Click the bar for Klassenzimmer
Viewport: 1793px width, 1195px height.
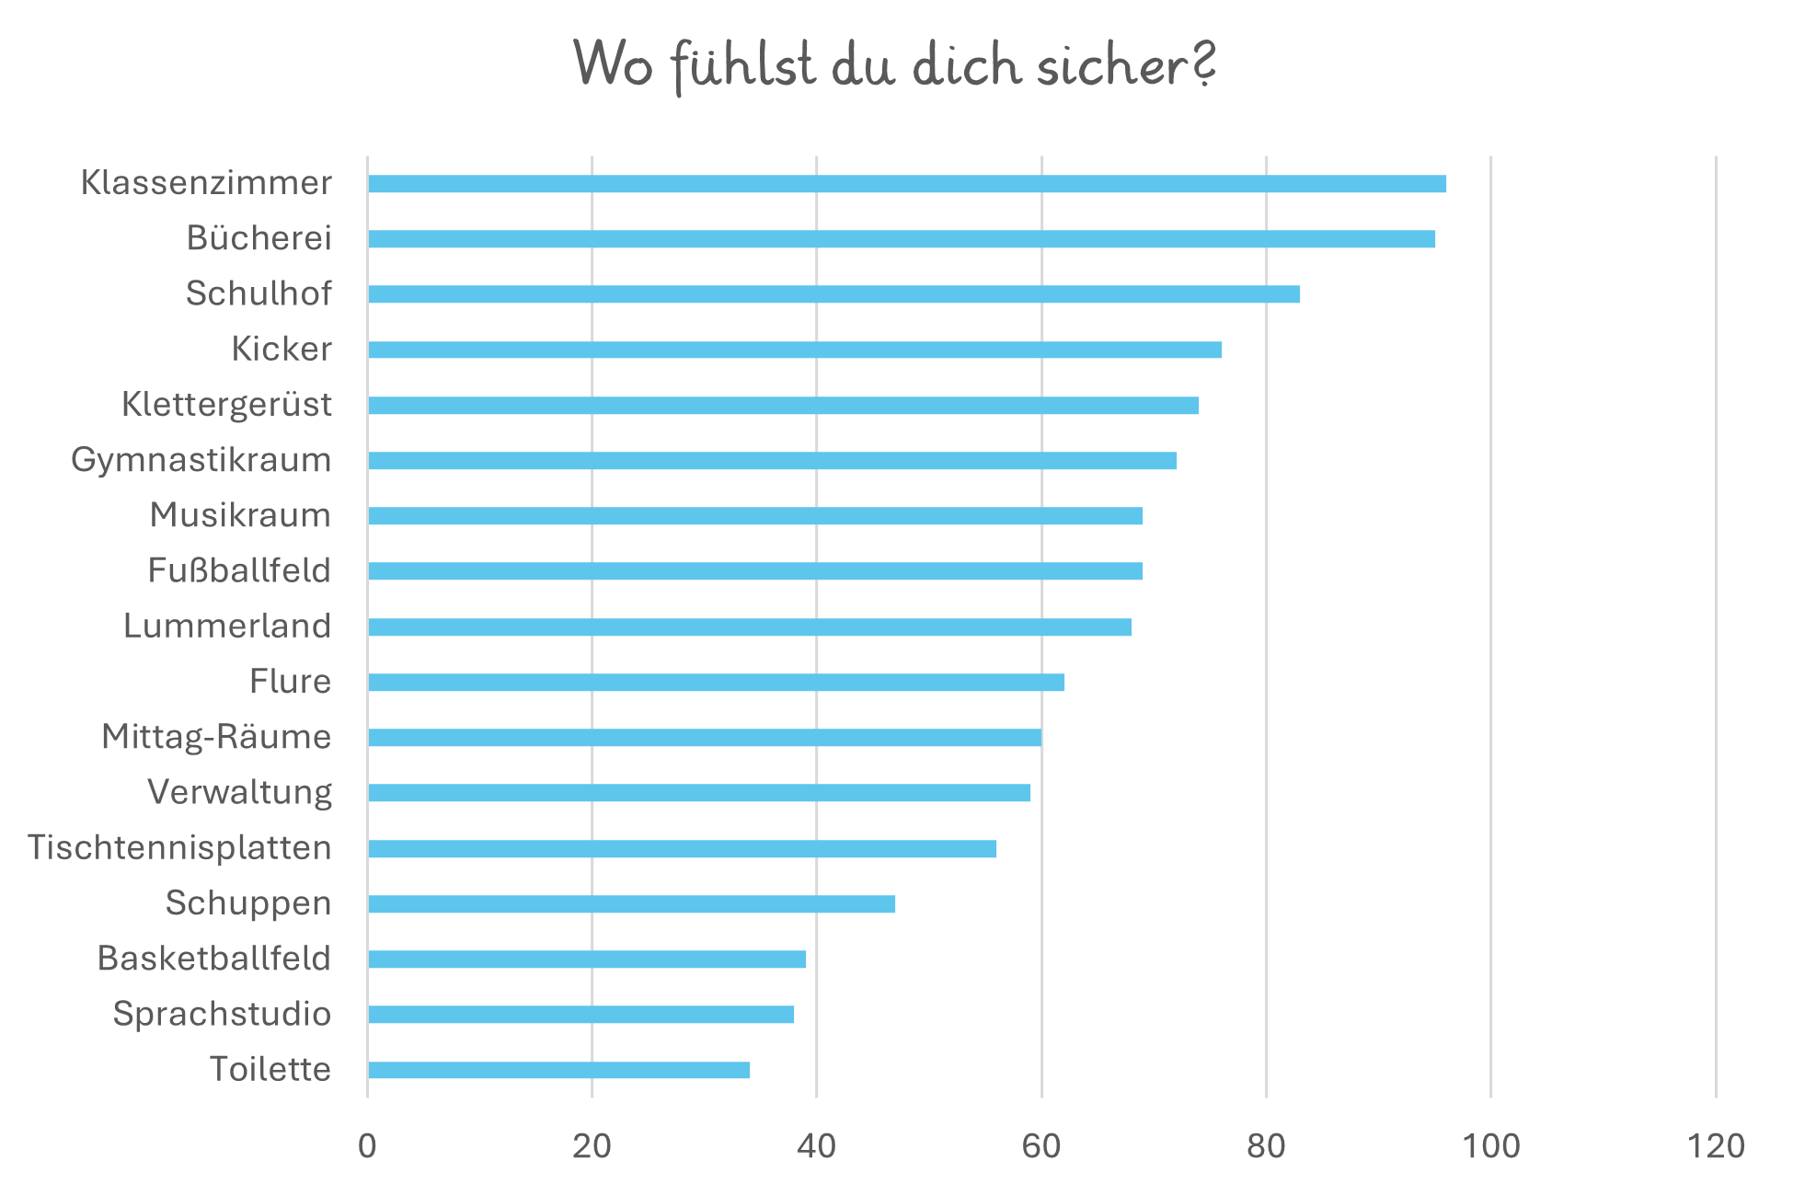point(906,184)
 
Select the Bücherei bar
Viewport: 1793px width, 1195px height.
point(901,239)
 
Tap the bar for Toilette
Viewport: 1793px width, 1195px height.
point(558,1070)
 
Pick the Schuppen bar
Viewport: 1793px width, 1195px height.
point(631,904)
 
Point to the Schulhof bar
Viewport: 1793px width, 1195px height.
point(833,294)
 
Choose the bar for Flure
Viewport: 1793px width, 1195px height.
point(716,683)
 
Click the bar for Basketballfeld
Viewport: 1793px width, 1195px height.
point(586,959)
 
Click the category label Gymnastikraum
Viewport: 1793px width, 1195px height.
point(201,460)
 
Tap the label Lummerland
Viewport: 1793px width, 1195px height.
point(227,626)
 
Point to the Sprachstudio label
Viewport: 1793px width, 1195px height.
point(222,1015)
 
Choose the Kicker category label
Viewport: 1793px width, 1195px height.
point(282,350)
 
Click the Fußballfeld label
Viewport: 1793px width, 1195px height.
point(239,571)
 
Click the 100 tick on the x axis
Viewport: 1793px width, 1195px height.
point(1490,1146)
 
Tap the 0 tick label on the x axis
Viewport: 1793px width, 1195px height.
point(367,1146)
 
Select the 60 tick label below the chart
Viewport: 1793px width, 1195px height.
point(1041,1146)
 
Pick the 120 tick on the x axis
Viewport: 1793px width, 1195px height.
point(1716,1146)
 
